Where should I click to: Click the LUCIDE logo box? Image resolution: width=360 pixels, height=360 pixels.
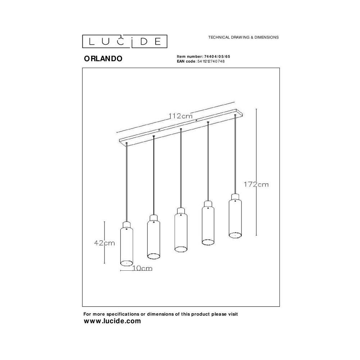tap(125, 41)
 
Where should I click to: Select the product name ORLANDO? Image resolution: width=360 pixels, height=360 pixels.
tap(103, 59)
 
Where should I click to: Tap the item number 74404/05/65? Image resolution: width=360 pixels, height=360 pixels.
tap(217, 57)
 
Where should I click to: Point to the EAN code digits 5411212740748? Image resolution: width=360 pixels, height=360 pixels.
tap(211, 61)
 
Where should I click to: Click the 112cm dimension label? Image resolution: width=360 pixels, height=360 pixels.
tap(180, 116)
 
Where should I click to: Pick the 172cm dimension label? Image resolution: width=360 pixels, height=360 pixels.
tap(256, 184)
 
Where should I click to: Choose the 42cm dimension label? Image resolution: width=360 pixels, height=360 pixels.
tap(104, 243)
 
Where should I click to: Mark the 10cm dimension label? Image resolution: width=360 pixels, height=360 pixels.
tap(142, 268)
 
